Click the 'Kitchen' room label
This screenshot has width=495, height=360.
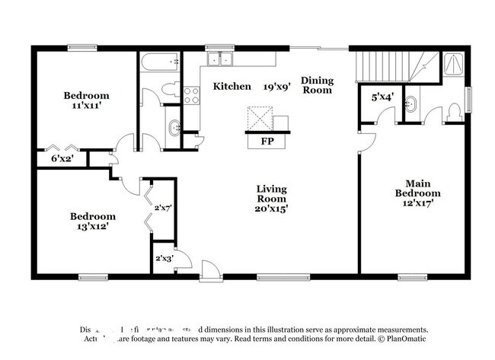pos(232,87)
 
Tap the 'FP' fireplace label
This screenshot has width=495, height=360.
pos(267,142)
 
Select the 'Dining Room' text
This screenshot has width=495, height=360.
pos(317,84)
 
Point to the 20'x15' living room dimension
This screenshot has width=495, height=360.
pos(272,206)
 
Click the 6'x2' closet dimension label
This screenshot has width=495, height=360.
pos(62,159)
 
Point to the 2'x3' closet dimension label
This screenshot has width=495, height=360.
pos(164,258)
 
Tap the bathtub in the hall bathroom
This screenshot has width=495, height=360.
pos(159,60)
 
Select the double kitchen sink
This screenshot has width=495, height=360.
pos(222,59)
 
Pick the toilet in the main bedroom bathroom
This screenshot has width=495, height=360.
pos(455,112)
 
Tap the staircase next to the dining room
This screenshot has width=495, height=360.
pos(388,66)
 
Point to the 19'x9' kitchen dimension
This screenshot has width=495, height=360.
pos(277,87)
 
